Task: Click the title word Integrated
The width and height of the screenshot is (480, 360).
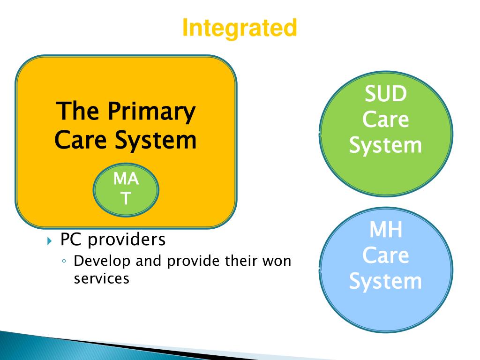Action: (240, 28)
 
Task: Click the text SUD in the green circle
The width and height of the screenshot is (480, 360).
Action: (386, 94)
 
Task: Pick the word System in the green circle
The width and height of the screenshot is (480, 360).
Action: (386, 145)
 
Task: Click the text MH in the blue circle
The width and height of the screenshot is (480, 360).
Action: (386, 230)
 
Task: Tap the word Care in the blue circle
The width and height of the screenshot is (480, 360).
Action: (386, 256)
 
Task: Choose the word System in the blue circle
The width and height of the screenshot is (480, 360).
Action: (386, 282)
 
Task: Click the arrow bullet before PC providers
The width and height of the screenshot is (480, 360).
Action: (51, 241)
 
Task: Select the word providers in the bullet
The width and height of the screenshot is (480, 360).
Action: (127, 240)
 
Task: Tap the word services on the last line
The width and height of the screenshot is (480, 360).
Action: (102, 278)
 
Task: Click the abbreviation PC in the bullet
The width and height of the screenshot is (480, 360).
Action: (72, 240)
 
